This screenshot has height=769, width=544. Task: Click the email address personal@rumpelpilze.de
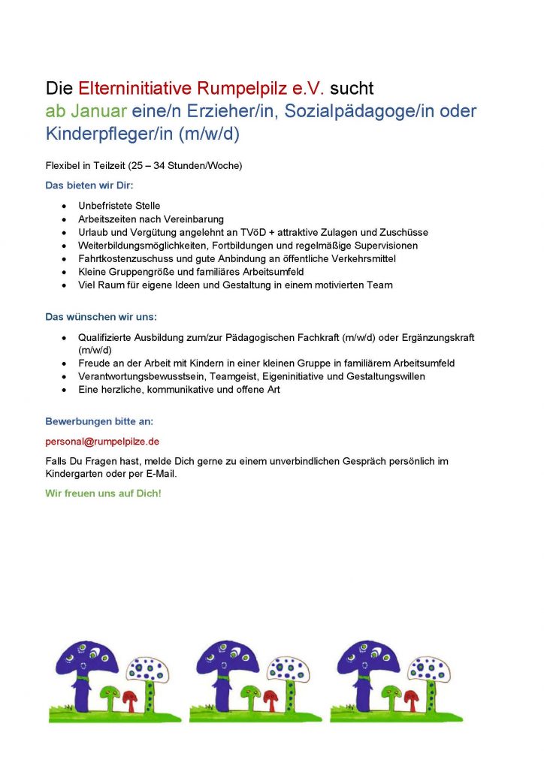click(102, 442)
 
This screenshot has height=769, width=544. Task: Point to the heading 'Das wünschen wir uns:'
click(101, 317)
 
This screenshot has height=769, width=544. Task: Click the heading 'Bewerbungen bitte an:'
click(99, 422)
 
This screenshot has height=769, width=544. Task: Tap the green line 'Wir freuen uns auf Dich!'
click(104, 493)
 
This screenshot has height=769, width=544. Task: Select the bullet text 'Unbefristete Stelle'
click(119, 206)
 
